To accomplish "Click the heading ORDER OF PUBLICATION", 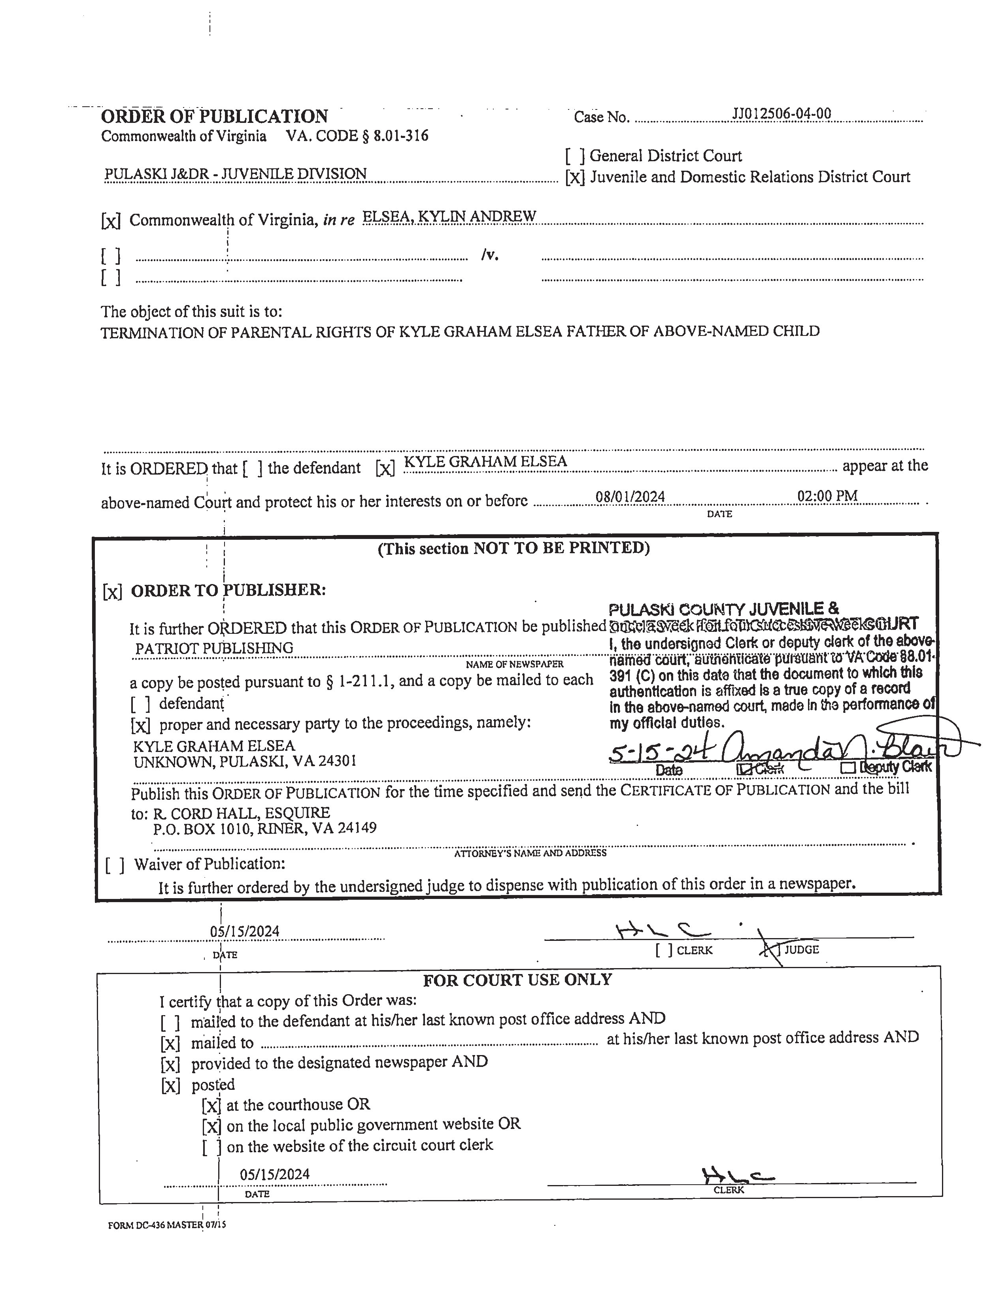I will point(214,116).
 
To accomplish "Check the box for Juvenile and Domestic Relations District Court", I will point(575,178).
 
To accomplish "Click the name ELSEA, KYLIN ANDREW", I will point(449,217).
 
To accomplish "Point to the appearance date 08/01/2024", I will point(630,497).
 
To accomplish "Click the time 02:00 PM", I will point(827,496).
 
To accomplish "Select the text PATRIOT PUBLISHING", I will point(214,648).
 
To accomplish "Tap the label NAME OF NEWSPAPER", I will point(514,664).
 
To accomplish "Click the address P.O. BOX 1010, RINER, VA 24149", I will point(264,829).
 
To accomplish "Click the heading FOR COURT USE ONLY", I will point(517,980).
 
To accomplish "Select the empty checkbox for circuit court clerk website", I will point(211,1147).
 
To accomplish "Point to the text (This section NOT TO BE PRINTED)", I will point(513,548).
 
